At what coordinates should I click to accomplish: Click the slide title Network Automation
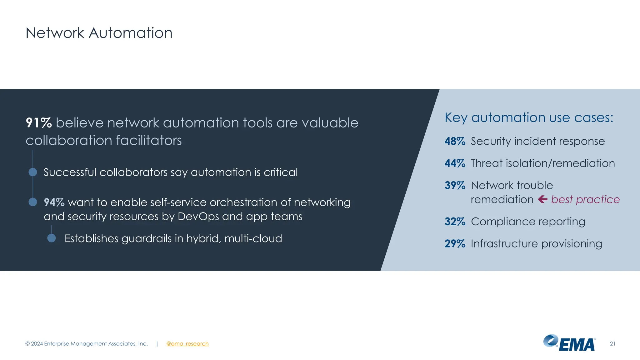click(x=99, y=33)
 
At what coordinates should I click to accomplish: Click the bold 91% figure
click(x=39, y=123)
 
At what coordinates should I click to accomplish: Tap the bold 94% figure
click(x=54, y=202)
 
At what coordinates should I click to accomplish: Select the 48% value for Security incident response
click(x=455, y=141)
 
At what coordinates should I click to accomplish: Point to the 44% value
click(x=455, y=163)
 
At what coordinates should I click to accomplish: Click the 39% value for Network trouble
click(x=455, y=186)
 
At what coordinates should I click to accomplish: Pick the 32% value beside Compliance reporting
click(x=455, y=222)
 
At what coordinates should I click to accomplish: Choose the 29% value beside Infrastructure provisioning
click(x=455, y=244)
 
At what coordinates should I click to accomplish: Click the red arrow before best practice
click(x=543, y=199)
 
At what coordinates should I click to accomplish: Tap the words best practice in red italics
click(x=585, y=199)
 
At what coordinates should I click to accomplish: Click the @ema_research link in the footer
click(x=187, y=344)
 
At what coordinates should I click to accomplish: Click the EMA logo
click(x=569, y=343)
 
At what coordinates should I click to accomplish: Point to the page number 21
click(x=612, y=344)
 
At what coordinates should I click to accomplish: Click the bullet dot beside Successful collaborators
click(x=33, y=172)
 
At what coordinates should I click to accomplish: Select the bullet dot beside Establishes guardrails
click(x=52, y=238)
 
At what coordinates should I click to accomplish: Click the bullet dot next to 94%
click(x=33, y=202)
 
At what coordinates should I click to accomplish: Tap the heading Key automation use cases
click(x=529, y=118)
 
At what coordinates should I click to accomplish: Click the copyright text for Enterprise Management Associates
click(x=87, y=344)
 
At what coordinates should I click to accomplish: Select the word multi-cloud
click(x=253, y=238)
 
